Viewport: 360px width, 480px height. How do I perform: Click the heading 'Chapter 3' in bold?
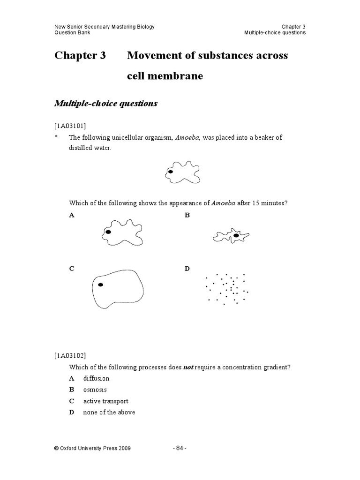[x=80, y=56]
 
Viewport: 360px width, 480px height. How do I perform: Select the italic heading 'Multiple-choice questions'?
[x=106, y=104]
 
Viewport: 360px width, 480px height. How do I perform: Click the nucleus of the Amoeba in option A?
[x=108, y=232]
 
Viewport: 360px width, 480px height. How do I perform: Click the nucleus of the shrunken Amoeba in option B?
[x=236, y=236]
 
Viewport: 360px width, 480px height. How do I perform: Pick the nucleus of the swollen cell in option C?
[x=100, y=285]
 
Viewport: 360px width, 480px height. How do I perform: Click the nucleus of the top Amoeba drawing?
[x=171, y=172]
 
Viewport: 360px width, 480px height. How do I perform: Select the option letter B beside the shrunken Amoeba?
[x=187, y=216]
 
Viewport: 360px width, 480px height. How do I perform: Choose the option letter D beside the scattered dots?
[x=187, y=269]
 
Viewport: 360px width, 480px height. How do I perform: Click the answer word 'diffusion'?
[x=96, y=378]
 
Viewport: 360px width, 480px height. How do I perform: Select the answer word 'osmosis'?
[x=95, y=390]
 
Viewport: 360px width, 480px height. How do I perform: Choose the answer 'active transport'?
[x=105, y=401]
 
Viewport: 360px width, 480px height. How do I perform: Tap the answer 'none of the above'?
[x=109, y=412]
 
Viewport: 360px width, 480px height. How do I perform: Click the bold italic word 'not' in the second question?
[x=188, y=367]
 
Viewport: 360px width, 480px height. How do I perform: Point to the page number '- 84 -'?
[x=180, y=448]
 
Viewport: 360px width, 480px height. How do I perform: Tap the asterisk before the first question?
[x=56, y=138]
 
